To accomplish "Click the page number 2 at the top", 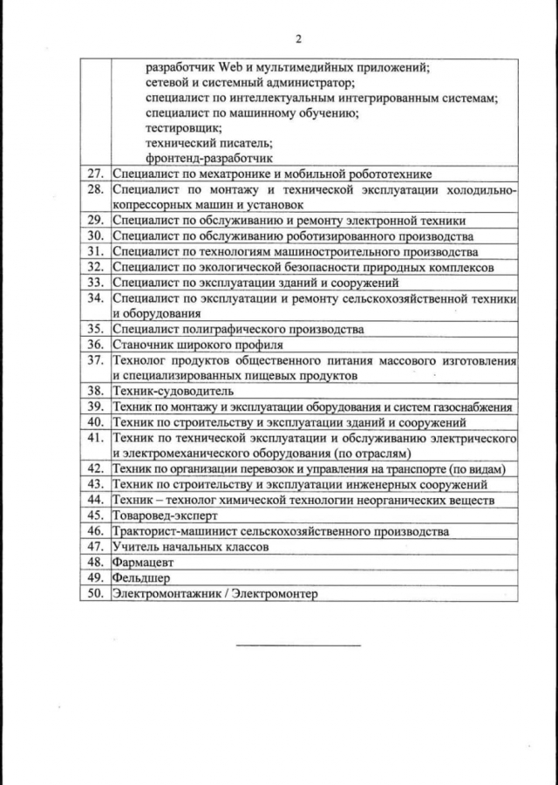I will point(298,39).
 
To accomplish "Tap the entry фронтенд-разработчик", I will point(210,158).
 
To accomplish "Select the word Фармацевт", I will point(140,562).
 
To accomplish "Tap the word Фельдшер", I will point(139,577).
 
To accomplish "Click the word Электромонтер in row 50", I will point(276,593).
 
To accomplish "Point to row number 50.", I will point(96,593).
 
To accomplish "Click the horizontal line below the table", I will point(298,645).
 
